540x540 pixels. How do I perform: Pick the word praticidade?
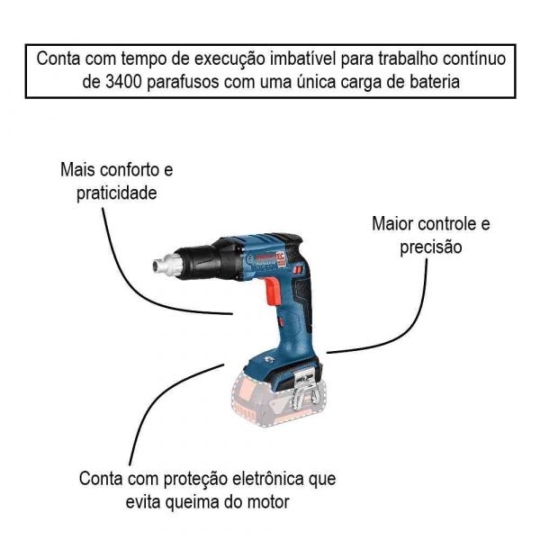pyautogui.click(x=116, y=193)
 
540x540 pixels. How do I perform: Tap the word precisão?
pyautogui.click(x=430, y=247)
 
